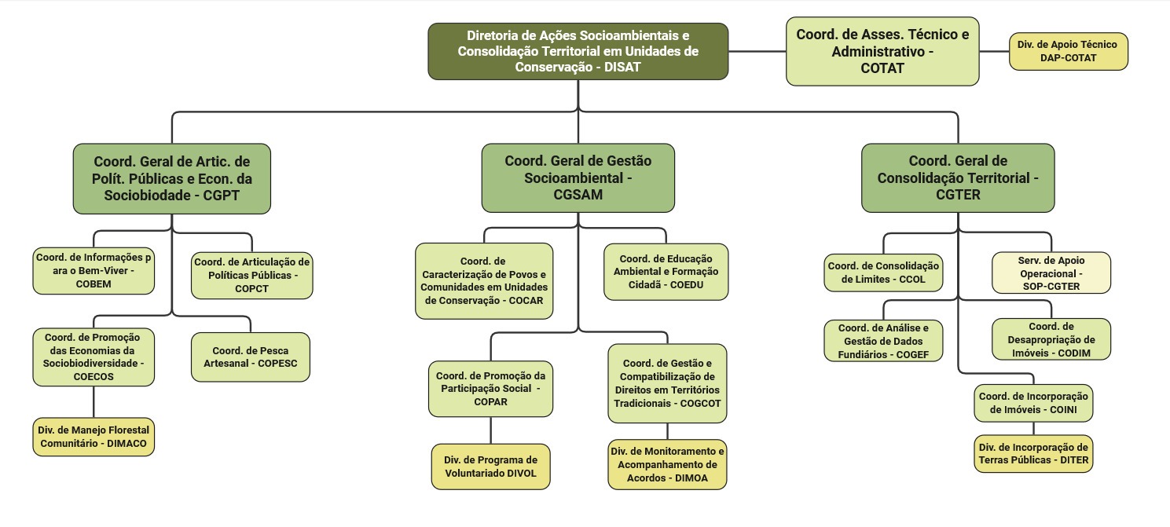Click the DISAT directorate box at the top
(x=578, y=51)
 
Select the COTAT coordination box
(x=882, y=51)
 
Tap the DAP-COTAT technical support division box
(x=1069, y=51)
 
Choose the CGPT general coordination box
(x=171, y=178)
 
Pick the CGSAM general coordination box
(x=578, y=178)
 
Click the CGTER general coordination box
(x=958, y=178)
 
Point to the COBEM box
(x=94, y=271)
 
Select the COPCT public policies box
(x=251, y=276)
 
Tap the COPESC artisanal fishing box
(x=251, y=357)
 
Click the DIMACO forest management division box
(x=94, y=437)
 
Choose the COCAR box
(x=483, y=280)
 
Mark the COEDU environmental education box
(x=666, y=272)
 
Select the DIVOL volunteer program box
(x=490, y=466)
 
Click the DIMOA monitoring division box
(x=668, y=464)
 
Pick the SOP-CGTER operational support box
(x=1051, y=273)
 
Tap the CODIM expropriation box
(x=1051, y=339)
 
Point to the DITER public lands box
(x=1032, y=453)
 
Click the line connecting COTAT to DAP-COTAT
(x=994, y=51)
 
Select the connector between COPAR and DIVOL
(x=491, y=430)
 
